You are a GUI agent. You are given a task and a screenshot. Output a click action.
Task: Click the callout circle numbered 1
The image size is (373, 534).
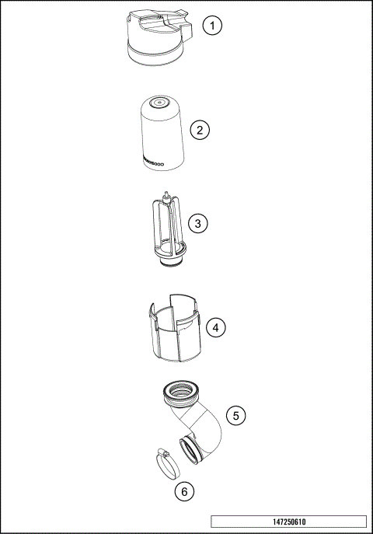(211, 26)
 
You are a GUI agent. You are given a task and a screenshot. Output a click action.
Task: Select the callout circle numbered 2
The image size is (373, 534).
(200, 130)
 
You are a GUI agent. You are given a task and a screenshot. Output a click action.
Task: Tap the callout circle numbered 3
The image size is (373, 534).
(199, 224)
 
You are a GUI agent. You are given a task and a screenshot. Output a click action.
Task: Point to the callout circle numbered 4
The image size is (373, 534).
(217, 328)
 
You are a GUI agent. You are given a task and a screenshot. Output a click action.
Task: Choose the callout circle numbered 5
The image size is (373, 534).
(237, 415)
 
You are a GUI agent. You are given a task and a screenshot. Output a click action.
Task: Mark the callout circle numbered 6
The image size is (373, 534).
(183, 491)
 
